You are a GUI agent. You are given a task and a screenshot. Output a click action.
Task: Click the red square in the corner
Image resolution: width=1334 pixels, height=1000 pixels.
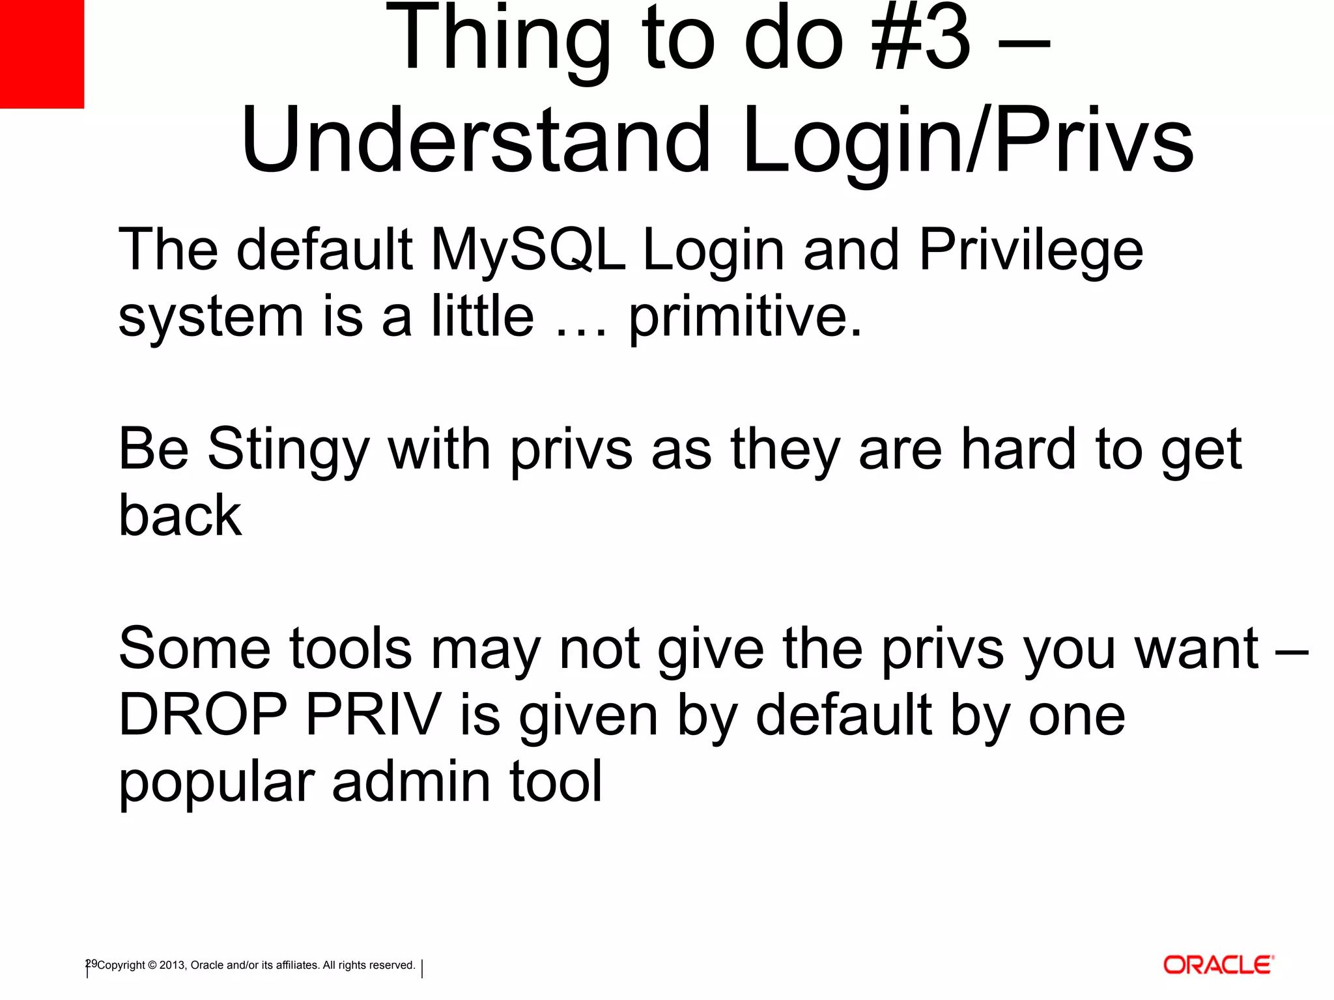click(x=42, y=53)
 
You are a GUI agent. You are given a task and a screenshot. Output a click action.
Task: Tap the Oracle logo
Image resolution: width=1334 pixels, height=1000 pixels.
click(x=1218, y=964)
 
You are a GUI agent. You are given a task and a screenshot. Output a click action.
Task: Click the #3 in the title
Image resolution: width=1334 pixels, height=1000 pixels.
click(x=921, y=39)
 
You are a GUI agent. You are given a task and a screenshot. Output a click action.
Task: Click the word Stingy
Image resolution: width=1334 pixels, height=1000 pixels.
click(x=289, y=451)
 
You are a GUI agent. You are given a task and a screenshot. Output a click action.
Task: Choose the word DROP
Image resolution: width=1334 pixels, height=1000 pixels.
click(x=203, y=714)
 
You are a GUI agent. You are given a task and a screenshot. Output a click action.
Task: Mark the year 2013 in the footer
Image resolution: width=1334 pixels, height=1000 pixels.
click(x=173, y=965)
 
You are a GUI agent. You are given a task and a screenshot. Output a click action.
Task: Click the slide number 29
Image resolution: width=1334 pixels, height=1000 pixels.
click(x=91, y=964)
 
